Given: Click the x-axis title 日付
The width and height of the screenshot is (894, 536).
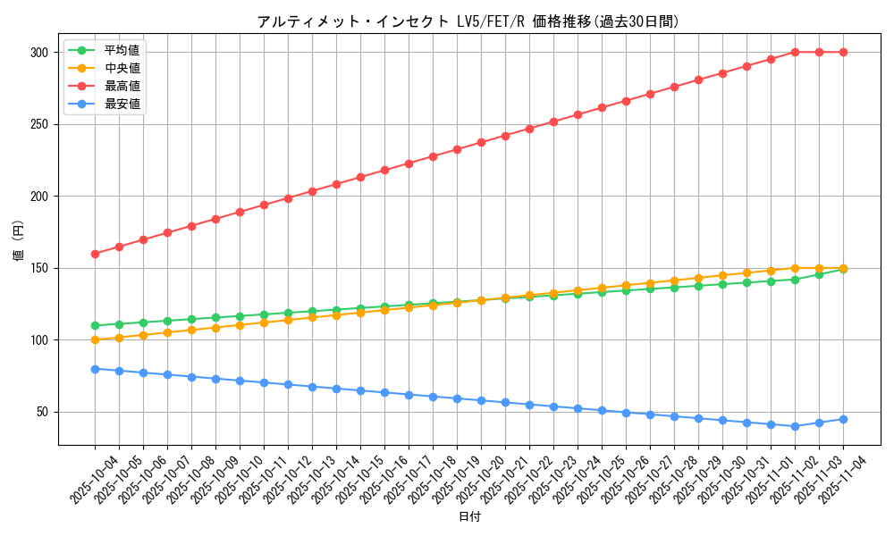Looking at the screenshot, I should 469,517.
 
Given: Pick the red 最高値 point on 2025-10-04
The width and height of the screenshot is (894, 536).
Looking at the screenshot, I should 95,254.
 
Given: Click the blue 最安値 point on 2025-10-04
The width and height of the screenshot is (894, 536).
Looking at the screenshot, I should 95,369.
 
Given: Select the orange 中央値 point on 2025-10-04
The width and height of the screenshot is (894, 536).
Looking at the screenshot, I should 95,339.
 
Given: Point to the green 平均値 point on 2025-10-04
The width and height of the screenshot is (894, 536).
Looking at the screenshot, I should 95,325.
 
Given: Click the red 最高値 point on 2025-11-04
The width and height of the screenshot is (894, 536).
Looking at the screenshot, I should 843,52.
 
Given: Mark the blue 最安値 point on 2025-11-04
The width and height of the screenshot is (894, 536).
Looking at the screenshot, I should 843,419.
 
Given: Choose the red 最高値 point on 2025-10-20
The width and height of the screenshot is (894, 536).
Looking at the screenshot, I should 481,142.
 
